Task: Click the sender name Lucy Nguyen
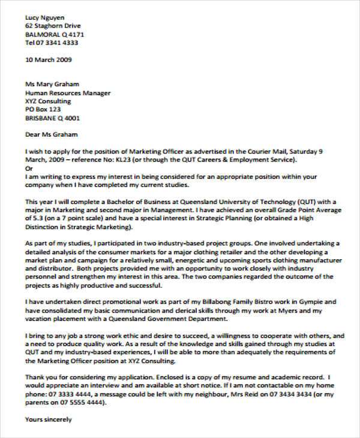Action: pos(46,17)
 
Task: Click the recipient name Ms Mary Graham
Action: pos(52,85)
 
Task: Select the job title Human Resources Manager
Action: pos(68,93)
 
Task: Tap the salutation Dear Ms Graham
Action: pos(52,135)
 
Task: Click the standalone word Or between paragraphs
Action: pos(28,169)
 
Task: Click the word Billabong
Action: pos(205,301)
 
